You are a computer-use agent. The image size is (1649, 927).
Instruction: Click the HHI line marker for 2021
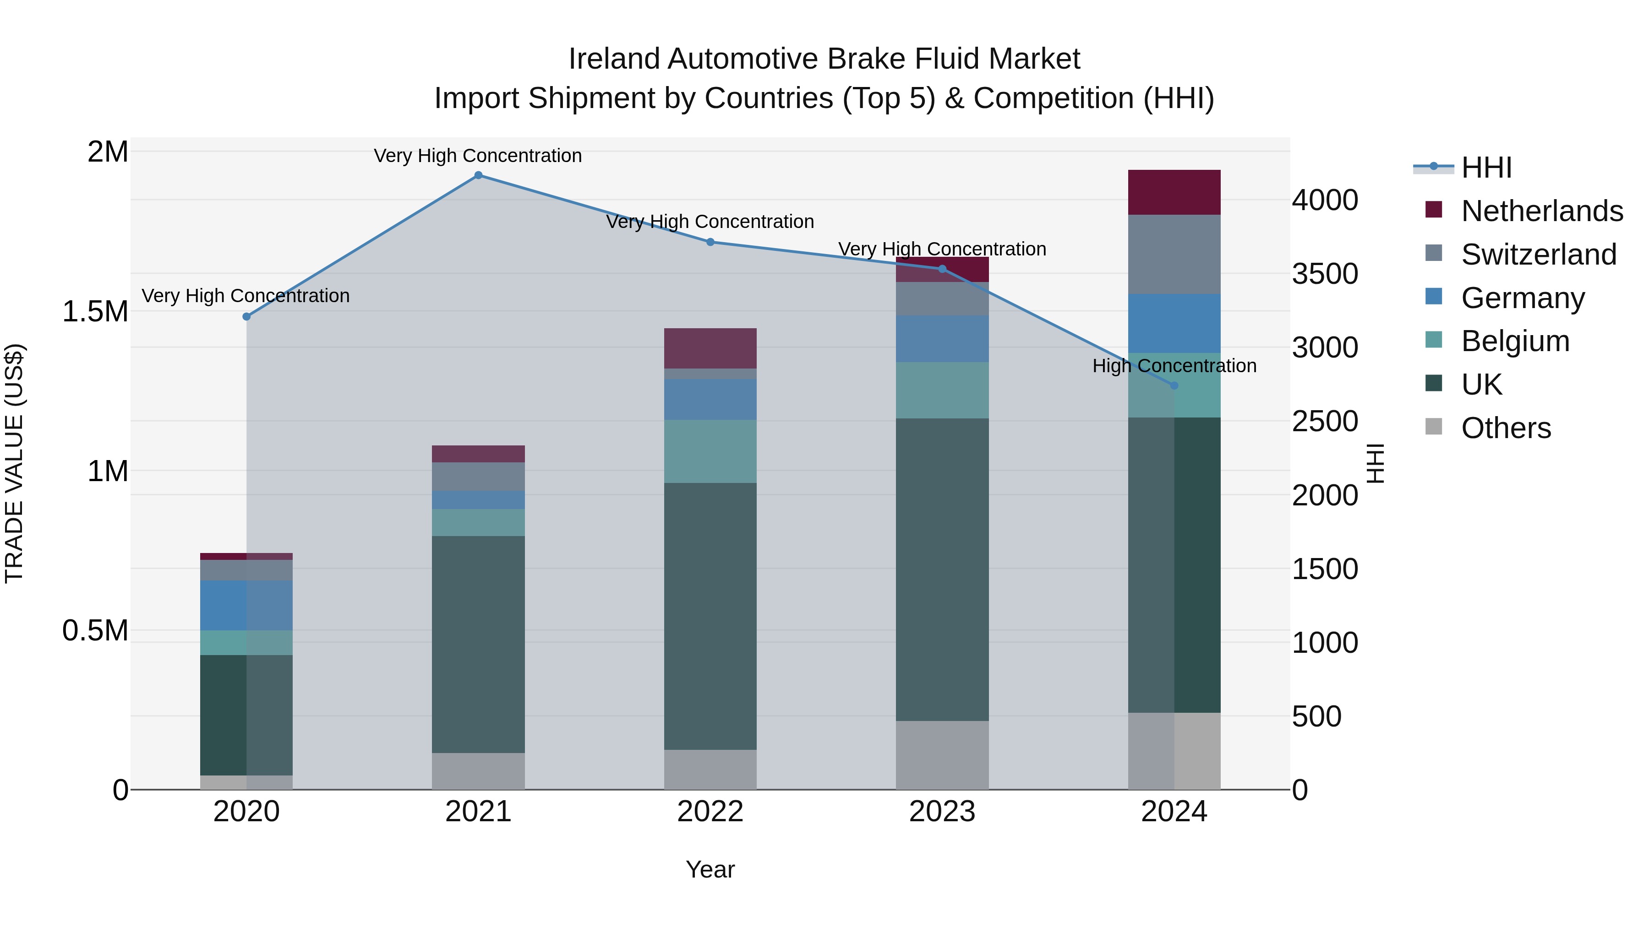(x=478, y=175)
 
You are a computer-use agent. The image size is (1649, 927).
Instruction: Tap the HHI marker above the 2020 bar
(x=246, y=317)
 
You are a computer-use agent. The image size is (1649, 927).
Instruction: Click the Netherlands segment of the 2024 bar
(x=1174, y=193)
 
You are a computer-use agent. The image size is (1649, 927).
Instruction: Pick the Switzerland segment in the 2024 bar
(x=1174, y=255)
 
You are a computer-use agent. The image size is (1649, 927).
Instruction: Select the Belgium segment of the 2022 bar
(x=710, y=451)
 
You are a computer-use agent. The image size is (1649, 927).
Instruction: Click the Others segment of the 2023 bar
(x=942, y=755)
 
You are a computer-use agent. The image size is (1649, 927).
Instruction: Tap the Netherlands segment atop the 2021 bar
(x=478, y=454)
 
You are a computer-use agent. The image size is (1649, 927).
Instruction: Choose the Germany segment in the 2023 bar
(x=942, y=338)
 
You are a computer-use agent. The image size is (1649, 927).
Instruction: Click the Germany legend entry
(x=1523, y=298)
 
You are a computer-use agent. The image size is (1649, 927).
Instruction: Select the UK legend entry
(x=1481, y=385)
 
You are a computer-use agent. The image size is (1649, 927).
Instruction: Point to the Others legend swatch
(x=1434, y=427)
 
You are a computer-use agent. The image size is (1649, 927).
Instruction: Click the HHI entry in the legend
(x=1486, y=168)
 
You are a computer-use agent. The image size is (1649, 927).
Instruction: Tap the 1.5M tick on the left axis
(x=95, y=312)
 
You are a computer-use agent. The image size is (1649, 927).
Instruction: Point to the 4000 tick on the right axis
(x=1324, y=200)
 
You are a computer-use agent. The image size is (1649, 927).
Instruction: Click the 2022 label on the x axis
(x=710, y=812)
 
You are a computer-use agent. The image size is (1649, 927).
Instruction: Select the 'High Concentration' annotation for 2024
(x=1174, y=366)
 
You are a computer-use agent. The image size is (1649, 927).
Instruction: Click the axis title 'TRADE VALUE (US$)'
(x=14, y=463)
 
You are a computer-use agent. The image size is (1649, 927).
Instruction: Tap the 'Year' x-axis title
(x=710, y=869)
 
